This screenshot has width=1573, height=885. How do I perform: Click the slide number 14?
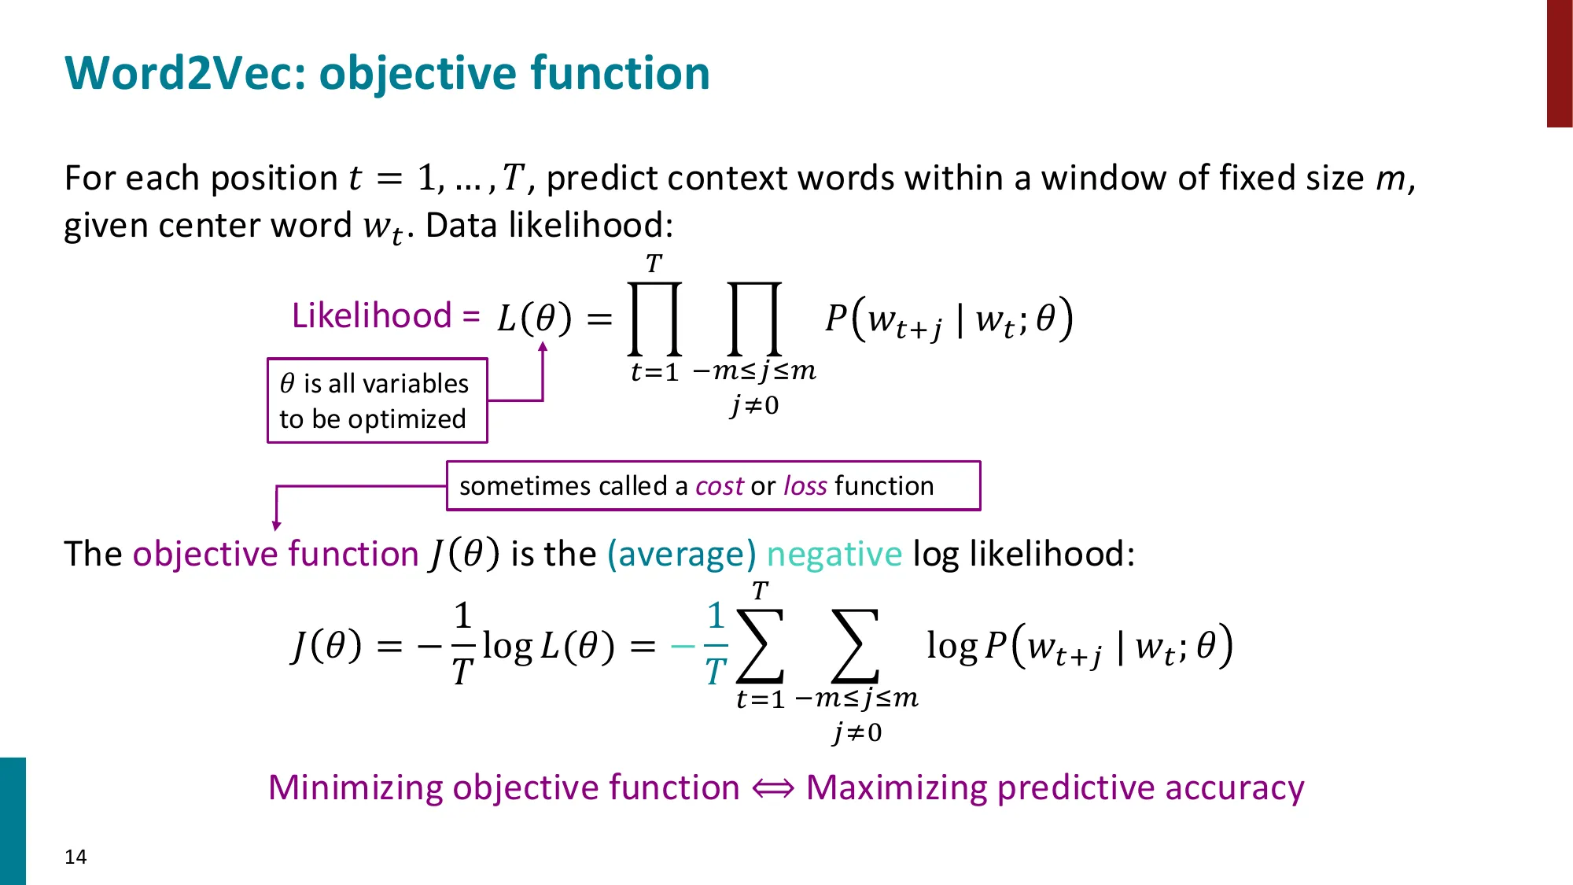coord(76,857)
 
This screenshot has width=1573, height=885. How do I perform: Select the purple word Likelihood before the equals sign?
coord(371,315)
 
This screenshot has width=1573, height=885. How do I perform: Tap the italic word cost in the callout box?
coord(720,486)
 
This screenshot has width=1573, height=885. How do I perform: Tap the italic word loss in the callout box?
coord(805,486)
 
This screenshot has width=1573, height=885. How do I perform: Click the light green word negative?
coord(834,554)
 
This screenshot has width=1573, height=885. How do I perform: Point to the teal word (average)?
coord(681,554)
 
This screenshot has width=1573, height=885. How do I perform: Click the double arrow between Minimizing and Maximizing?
coord(773,787)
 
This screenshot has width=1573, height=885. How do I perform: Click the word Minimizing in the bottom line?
coord(355,787)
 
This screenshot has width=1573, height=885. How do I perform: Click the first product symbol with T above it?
coord(654,319)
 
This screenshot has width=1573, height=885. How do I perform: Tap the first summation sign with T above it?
coord(761,645)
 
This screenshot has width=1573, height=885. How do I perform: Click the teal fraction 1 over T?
coord(715,644)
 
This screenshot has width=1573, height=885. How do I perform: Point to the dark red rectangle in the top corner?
coord(1559,63)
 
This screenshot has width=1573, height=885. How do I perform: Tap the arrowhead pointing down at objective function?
coord(276,525)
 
